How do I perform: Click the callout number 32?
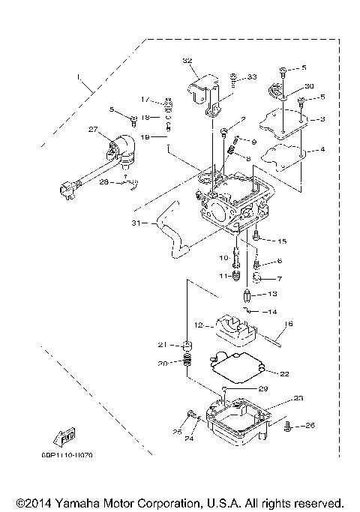pos(187,61)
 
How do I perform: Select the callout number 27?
pos(93,129)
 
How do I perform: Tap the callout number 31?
pos(135,223)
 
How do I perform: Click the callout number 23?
pos(298,398)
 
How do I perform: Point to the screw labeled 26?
pos(287,427)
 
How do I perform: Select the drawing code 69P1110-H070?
pos(75,454)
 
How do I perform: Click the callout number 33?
pos(251,76)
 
